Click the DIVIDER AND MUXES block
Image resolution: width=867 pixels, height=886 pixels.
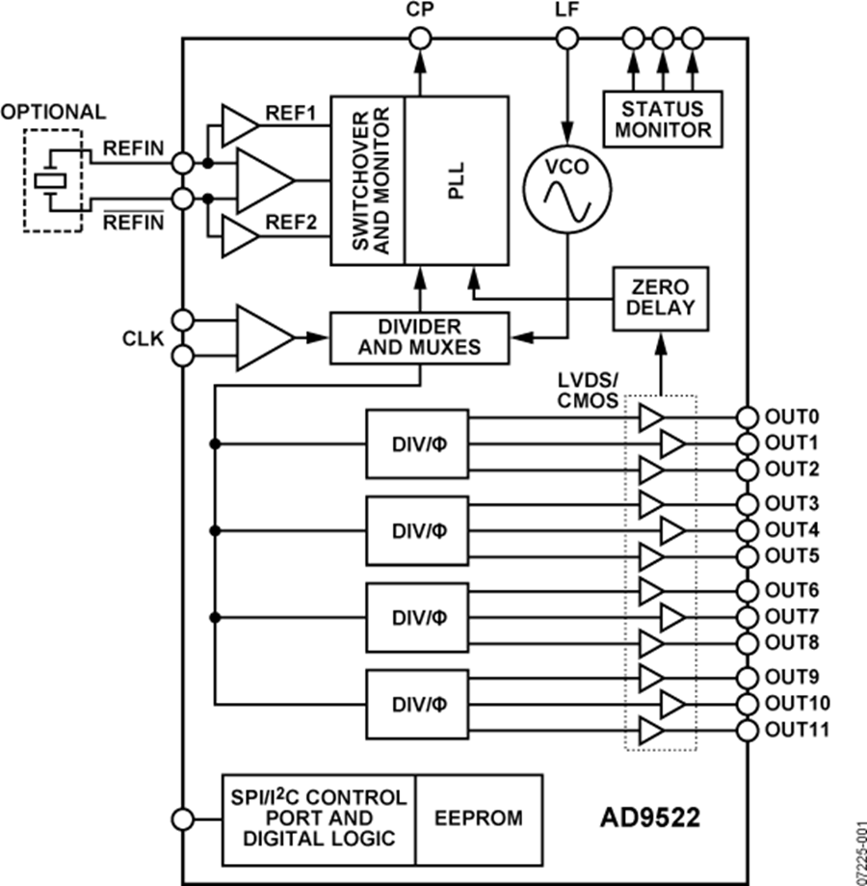[419, 337]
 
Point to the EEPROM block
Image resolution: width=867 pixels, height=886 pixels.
[479, 818]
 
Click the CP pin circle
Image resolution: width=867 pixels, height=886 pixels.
[420, 40]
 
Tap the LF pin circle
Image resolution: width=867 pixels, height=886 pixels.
[567, 40]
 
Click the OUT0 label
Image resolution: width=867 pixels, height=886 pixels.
[792, 417]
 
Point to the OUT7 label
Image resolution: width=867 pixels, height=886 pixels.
[792, 616]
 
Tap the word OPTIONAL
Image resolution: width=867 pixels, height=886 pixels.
[53, 112]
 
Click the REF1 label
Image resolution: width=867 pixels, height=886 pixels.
[290, 115]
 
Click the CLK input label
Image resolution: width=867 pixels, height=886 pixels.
[144, 338]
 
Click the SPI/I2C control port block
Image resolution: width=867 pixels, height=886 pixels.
[319, 818]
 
